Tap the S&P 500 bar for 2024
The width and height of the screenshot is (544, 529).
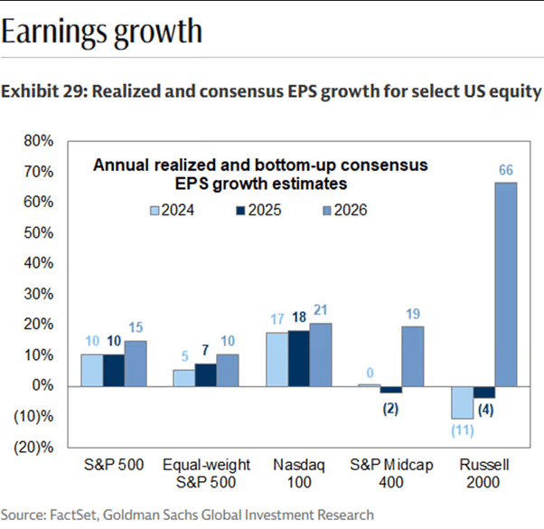click(92, 370)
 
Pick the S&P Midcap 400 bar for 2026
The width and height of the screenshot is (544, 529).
click(412, 356)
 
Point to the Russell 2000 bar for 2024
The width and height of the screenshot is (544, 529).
click(461, 401)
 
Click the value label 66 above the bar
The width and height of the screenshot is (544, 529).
click(506, 170)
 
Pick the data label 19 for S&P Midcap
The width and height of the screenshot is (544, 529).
click(413, 315)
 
